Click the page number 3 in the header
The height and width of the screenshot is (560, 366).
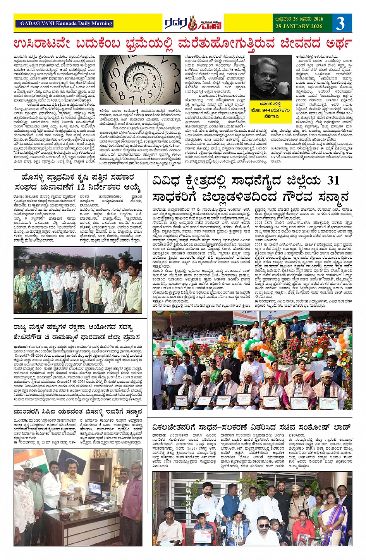coord(340,23)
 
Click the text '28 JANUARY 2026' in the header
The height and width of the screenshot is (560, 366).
coord(299,27)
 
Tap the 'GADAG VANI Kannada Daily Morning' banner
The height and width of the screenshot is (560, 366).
coord(64,23)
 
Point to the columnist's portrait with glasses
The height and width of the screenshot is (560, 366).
coord(270,78)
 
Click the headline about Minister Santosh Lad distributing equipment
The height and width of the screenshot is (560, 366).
coord(252,428)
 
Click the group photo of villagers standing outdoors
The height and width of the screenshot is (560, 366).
coord(78,280)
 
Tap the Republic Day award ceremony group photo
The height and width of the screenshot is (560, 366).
coord(252,360)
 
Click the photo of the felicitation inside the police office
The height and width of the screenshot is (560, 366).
coord(78,497)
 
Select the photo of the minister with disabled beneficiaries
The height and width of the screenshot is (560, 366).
coord(252,508)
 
